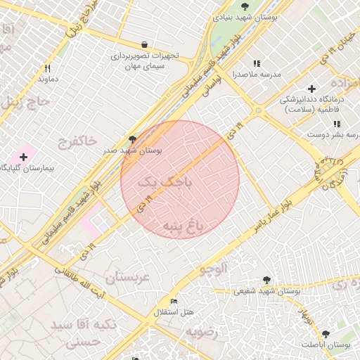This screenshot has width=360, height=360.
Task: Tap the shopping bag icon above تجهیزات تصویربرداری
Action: [144, 44]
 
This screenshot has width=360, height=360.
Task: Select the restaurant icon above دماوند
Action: [47, 68]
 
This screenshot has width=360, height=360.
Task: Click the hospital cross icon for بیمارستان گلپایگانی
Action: [23, 156]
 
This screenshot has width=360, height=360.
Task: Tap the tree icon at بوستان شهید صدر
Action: [132, 140]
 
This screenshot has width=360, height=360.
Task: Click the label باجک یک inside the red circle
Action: [168, 183]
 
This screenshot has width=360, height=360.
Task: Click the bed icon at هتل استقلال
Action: [174, 301]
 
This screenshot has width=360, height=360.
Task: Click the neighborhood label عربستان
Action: [127, 277]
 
